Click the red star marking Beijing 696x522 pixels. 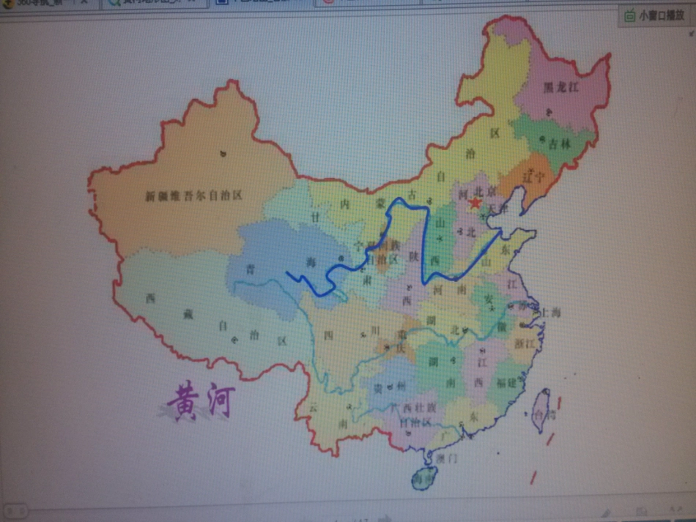click(x=476, y=203)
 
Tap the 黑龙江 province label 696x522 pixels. click(x=561, y=87)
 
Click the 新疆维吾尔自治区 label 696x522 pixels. click(x=193, y=195)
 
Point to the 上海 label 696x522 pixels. click(x=550, y=312)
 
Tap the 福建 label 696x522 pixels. click(x=506, y=381)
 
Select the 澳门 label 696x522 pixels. click(x=446, y=458)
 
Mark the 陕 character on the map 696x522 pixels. click(x=413, y=256)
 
